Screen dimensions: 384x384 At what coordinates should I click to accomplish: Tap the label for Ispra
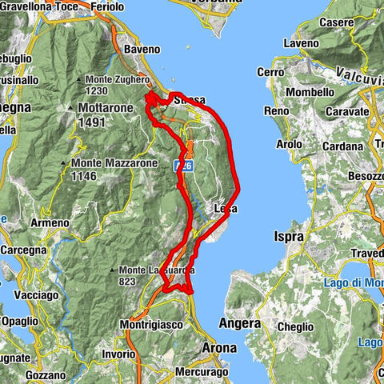[x=288, y=237]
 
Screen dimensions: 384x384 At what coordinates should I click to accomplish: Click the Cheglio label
[x=293, y=326]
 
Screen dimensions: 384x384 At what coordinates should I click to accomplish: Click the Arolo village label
[x=289, y=145]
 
